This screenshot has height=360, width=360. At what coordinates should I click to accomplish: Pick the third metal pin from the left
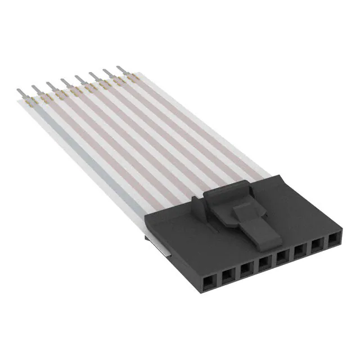(49, 84)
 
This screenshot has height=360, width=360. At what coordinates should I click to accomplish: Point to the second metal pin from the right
(106, 72)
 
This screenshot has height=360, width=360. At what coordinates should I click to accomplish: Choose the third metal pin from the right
(92, 75)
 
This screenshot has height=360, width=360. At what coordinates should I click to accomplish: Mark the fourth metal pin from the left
(64, 82)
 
